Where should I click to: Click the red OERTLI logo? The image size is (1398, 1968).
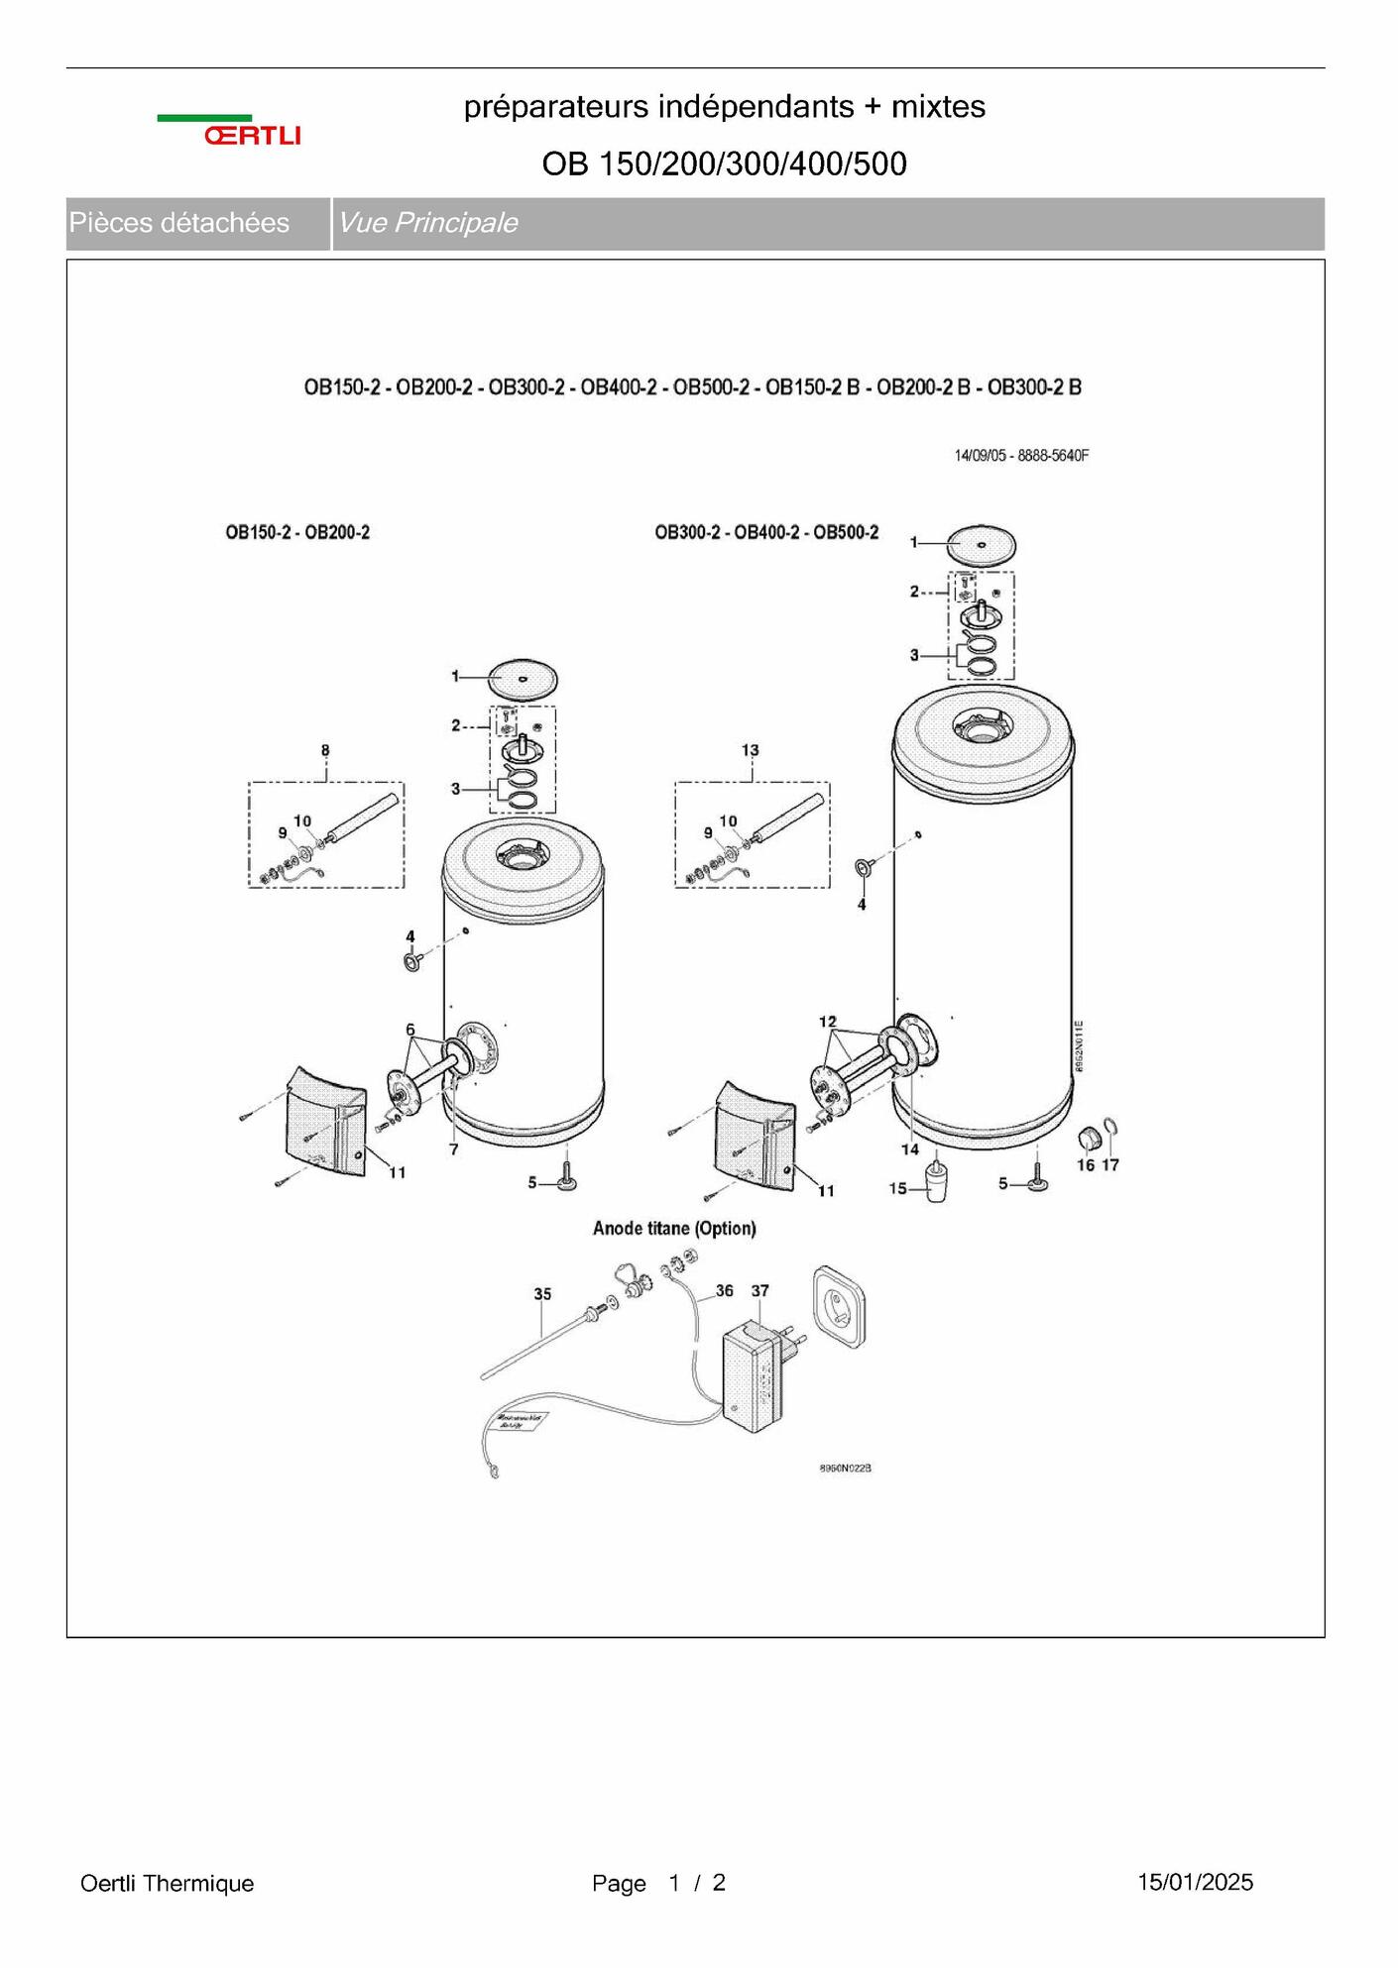[x=252, y=135]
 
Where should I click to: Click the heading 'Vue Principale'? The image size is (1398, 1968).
[x=427, y=223]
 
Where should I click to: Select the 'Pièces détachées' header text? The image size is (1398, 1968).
[x=179, y=223]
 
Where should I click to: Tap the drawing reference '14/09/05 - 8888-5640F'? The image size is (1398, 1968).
[x=1021, y=456]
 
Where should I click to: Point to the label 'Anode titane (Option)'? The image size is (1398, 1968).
[x=674, y=1229]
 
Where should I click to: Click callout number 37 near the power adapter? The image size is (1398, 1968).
[x=759, y=1291]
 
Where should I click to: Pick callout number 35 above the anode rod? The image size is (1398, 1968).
[x=542, y=1294]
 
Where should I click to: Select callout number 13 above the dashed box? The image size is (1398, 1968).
[x=750, y=751]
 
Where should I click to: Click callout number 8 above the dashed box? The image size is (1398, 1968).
[x=325, y=751]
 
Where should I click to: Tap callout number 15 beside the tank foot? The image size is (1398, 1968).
[x=897, y=1188]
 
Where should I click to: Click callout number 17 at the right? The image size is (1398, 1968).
[x=1110, y=1165]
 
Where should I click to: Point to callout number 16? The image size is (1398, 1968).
[x=1086, y=1165]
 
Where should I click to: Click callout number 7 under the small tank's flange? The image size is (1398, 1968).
[x=453, y=1149]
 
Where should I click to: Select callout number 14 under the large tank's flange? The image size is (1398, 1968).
[x=909, y=1149]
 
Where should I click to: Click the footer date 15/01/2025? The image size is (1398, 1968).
[x=1195, y=1883]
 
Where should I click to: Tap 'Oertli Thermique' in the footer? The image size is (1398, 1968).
[x=167, y=1884]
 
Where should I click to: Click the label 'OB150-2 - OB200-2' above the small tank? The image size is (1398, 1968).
[x=297, y=533]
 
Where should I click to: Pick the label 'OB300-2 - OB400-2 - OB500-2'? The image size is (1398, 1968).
[x=766, y=533]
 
